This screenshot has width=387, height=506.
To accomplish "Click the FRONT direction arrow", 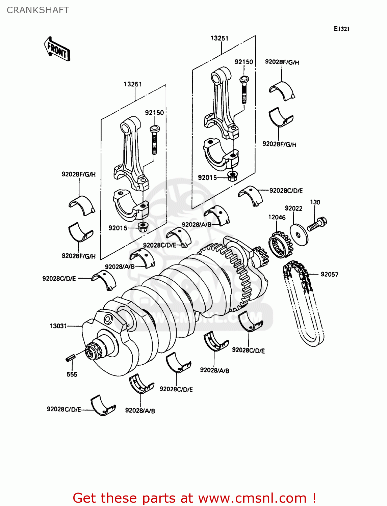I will [57, 49].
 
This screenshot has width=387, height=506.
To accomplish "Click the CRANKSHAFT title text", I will [38, 10].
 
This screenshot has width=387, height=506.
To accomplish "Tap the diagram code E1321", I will [341, 29].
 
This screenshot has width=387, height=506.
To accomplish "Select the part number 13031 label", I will [58, 326].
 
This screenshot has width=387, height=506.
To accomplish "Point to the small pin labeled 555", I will [70, 358].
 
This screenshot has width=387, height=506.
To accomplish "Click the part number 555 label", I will [72, 374].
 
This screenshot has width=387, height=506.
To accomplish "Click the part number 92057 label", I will [329, 274].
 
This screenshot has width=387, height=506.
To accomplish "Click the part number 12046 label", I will [277, 217].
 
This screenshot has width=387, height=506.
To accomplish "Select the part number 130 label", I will [315, 202].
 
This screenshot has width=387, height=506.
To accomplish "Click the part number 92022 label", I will [293, 208].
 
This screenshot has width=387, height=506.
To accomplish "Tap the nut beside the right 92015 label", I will [232, 176].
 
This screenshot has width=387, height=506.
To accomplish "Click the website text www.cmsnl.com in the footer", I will [252, 498].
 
